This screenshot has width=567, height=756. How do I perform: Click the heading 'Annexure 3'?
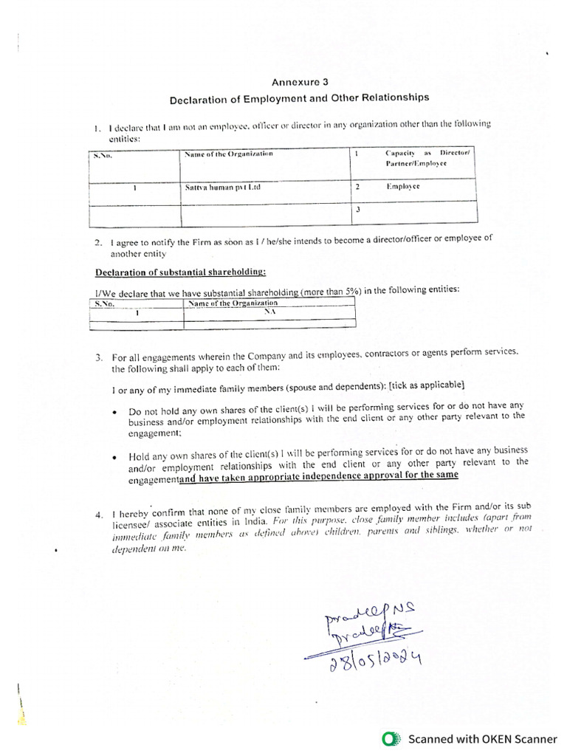(x=299, y=82)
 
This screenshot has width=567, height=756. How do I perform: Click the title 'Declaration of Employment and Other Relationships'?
(x=299, y=97)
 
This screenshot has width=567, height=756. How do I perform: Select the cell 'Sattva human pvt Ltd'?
(x=223, y=188)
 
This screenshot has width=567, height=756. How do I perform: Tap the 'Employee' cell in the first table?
(x=402, y=188)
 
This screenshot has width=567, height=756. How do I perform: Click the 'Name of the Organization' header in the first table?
(x=228, y=154)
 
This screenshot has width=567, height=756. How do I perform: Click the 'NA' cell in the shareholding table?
(x=269, y=312)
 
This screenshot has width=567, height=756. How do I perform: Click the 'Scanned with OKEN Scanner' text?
(x=483, y=738)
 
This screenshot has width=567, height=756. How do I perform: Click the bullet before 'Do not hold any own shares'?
(x=114, y=412)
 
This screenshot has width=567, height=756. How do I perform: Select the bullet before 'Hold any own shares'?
(x=114, y=457)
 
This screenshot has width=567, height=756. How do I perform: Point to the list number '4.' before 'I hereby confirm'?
(x=99, y=514)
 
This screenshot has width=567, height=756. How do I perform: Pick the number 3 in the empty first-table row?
(x=357, y=210)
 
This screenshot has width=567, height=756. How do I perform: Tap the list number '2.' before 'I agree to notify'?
(x=98, y=242)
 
